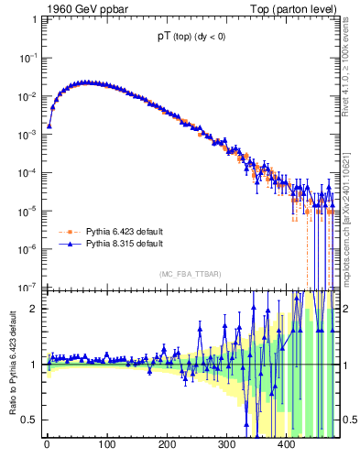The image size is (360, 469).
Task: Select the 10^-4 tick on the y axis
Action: pyautogui.click(x=28, y=172)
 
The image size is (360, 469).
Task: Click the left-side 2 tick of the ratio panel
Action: pyautogui.click(x=34, y=309)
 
